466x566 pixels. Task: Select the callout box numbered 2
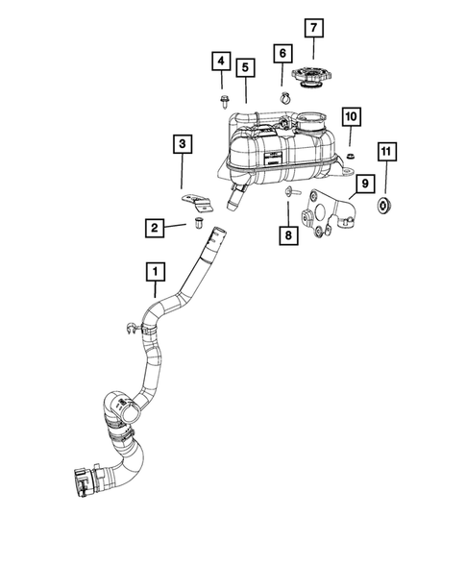[153, 228]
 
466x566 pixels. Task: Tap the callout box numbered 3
[182, 146]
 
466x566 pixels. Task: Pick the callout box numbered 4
[220, 63]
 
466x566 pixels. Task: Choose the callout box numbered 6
[284, 55]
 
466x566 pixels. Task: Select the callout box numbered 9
[364, 183]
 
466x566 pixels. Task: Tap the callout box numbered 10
[351, 117]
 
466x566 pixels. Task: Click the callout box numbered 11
[386, 153]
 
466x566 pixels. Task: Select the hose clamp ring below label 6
[286, 96]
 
